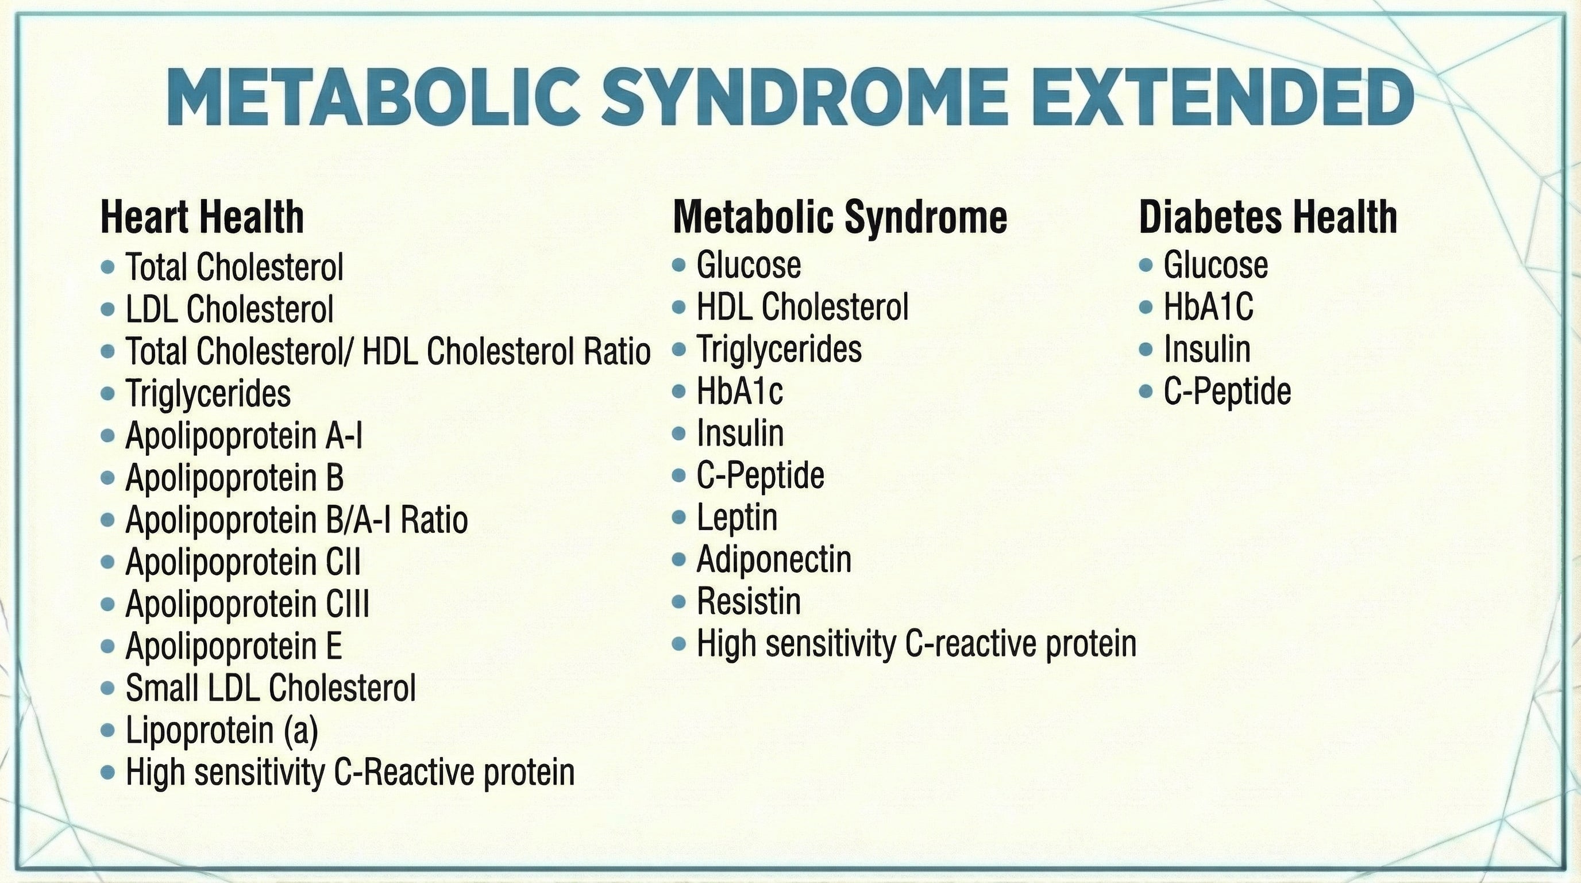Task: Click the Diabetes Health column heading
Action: (1268, 217)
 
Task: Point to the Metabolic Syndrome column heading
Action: (839, 217)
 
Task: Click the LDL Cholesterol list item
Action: (230, 309)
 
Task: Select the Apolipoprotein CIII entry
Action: (248, 604)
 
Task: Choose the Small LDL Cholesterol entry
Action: (271, 688)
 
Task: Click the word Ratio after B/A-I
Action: (434, 520)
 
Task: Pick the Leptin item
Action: (736, 517)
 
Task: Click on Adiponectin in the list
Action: (774, 559)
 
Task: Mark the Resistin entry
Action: (749, 601)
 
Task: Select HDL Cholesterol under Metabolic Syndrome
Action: (802, 306)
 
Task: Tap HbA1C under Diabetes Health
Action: (1208, 306)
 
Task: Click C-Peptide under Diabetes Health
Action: (1227, 391)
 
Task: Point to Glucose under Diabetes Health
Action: (1215, 264)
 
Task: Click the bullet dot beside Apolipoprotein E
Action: (108, 646)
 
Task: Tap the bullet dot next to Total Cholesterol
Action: (108, 267)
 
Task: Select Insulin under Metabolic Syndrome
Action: (740, 433)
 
